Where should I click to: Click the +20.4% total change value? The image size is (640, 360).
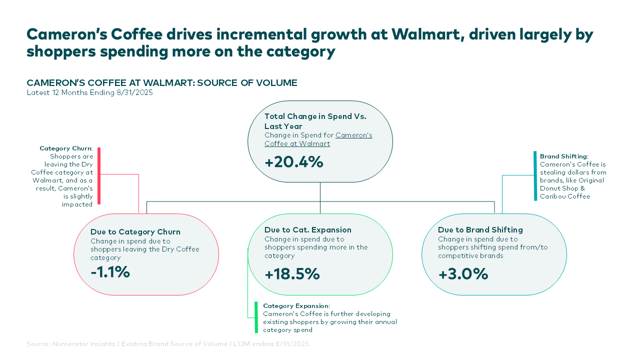pos(294,162)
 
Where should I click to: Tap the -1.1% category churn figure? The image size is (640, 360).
pos(110,272)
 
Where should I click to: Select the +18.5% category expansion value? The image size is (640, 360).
pos(292,274)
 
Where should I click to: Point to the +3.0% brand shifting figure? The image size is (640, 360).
pos(463,274)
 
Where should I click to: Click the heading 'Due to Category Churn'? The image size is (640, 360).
pos(135,232)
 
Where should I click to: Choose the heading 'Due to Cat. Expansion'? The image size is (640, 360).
pos(308,230)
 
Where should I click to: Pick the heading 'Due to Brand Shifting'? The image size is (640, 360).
pos(480,230)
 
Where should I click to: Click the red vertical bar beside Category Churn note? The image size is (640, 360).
pos(99,176)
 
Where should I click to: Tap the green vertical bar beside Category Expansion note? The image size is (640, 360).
pos(256,317)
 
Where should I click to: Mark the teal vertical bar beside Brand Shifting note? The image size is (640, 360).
pos(535,176)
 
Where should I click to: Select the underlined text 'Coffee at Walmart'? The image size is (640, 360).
pos(297,144)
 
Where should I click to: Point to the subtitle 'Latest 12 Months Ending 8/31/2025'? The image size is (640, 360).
pos(89,92)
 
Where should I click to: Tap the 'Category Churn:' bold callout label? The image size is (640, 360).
pos(66,148)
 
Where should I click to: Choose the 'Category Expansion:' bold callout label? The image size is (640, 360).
pos(296,305)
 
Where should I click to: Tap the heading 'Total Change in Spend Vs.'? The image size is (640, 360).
pos(315,116)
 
